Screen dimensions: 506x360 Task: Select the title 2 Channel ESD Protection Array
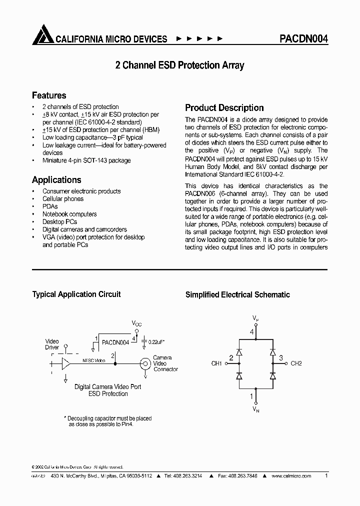(179, 65)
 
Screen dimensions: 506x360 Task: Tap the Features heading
(49, 95)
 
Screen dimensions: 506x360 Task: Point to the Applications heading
(56, 180)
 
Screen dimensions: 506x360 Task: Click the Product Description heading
(224, 108)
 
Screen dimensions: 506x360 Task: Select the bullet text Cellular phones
(63, 199)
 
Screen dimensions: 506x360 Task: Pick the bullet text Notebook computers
(69, 214)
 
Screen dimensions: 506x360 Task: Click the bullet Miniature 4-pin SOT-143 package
(86, 160)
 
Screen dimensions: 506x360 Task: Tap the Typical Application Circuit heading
(76, 294)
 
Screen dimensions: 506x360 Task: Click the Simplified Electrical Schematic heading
(237, 295)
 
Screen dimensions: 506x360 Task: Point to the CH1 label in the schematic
(216, 363)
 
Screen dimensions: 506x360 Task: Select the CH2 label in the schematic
(296, 363)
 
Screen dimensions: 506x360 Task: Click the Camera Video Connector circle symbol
(145, 363)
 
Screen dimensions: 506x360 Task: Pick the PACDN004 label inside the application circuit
(115, 342)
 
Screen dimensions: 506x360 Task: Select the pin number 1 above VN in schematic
(252, 396)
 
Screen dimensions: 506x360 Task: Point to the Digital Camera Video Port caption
(108, 387)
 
